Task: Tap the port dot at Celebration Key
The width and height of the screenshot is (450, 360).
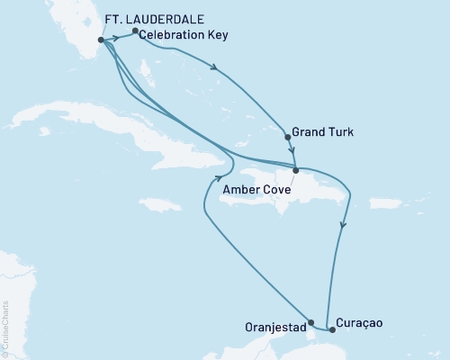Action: [135, 31]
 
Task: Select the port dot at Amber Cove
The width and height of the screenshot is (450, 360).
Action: [294, 169]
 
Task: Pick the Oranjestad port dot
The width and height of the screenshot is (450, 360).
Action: [310, 321]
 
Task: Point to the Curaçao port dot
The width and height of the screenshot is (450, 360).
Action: [332, 329]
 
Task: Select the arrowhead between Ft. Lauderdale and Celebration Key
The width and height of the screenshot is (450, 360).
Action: [118, 39]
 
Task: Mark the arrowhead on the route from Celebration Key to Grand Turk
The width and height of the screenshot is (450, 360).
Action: [213, 66]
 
